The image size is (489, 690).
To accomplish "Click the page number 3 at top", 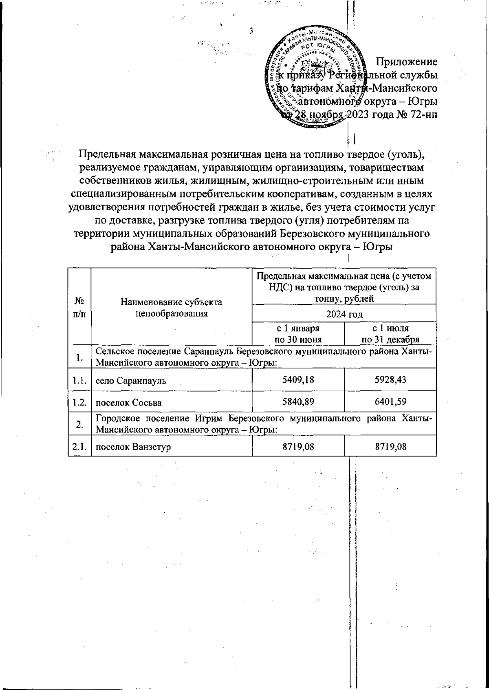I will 251,31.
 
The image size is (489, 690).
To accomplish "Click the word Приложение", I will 406,62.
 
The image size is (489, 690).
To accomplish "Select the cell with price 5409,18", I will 298,380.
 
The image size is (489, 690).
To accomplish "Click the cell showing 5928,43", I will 390,380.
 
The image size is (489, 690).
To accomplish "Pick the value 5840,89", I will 298,402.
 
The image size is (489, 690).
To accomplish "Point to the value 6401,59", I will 390,402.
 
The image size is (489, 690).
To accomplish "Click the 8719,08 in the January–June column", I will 298,447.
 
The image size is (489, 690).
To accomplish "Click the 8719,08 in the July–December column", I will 390,447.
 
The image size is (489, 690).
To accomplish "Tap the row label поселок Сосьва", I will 128,403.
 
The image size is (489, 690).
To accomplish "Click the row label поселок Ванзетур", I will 133,447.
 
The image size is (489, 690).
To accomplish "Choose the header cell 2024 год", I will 344,314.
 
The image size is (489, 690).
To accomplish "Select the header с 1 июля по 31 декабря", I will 390,334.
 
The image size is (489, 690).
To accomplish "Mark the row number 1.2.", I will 79,403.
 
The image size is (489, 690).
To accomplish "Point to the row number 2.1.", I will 79,447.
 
